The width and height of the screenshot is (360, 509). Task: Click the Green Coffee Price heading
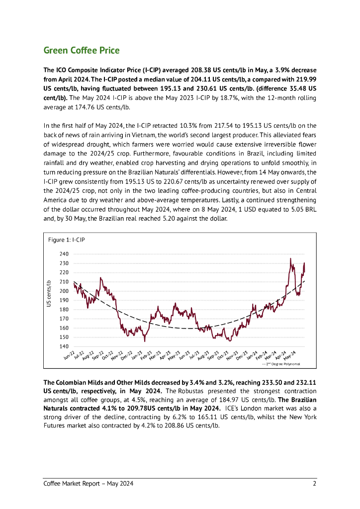(82, 51)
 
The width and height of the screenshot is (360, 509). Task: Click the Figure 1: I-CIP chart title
(66, 240)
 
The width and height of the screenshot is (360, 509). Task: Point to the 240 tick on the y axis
(64, 254)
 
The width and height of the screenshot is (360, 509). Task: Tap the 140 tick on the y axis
(64, 346)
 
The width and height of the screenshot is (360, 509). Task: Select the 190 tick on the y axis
(64, 300)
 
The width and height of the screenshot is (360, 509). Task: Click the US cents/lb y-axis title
(49, 293)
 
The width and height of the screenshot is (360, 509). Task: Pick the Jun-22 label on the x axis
(70, 354)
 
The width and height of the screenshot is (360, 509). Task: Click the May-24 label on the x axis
(290, 354)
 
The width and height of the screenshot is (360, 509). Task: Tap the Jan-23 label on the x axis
(137, 354)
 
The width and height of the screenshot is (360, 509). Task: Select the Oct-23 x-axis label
(223, 354)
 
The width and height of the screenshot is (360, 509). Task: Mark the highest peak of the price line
(290, 258)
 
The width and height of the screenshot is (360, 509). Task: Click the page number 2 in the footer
(314, 484)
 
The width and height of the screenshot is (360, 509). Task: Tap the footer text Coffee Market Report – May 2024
(89, 484)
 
